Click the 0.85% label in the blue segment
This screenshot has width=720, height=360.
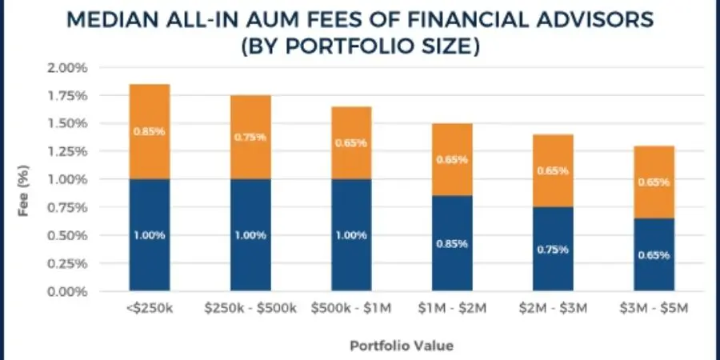pos(452,243)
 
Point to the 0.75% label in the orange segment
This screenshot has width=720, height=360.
pos(250,137)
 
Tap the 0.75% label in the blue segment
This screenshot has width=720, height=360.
pos(553,249)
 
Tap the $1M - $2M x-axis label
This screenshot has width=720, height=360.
pos(452,309)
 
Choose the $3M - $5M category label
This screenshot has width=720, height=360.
pos(654,309)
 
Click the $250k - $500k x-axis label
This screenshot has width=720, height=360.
pos(250,309)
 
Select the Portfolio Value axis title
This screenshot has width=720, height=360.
pos(402,346)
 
